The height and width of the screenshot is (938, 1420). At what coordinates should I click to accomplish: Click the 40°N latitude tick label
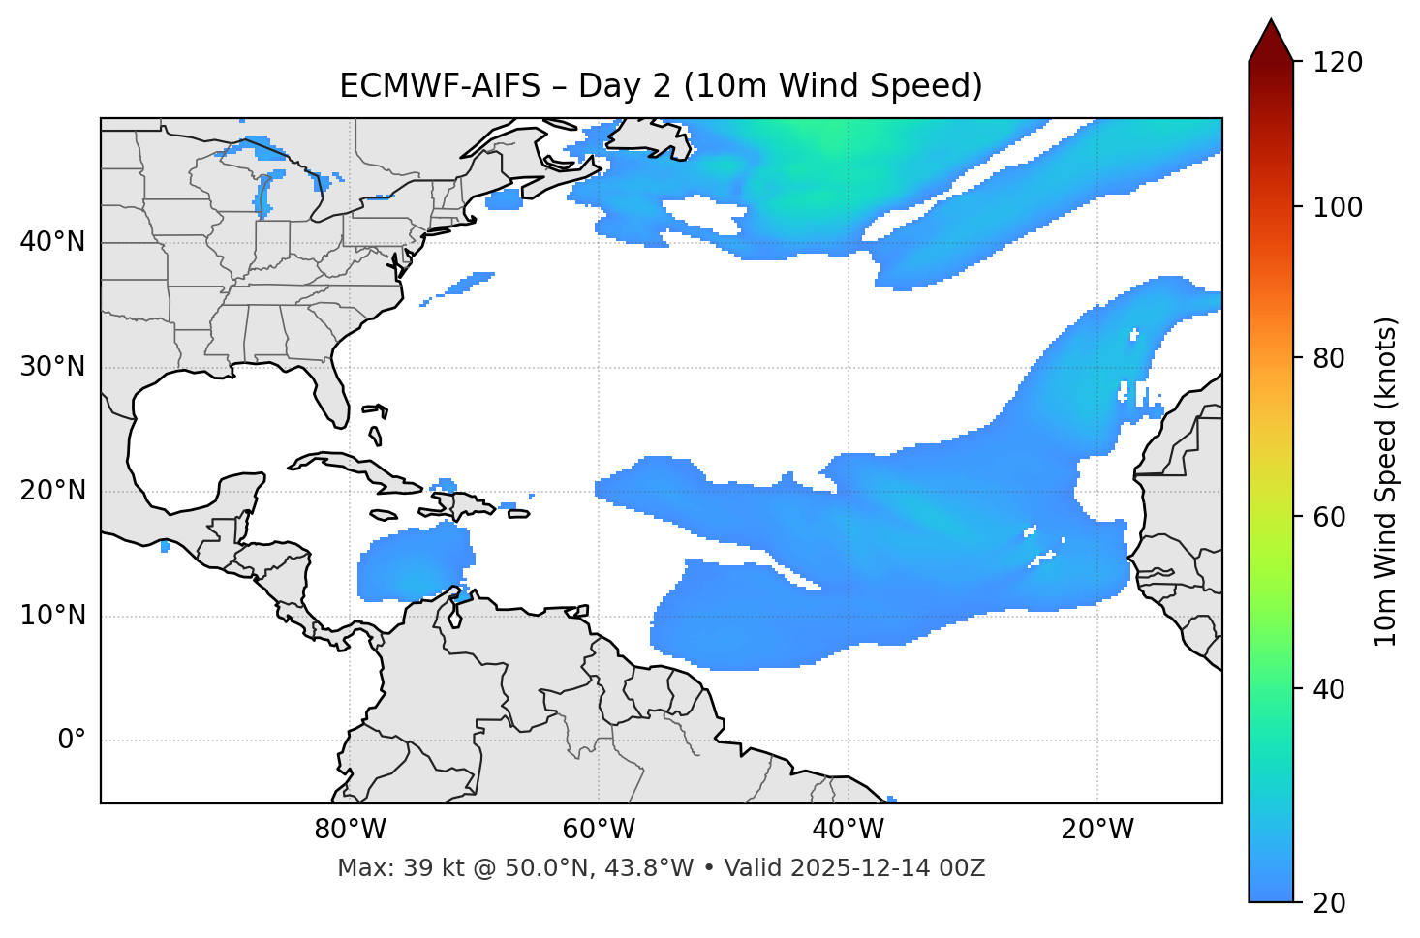[x=52, y=241]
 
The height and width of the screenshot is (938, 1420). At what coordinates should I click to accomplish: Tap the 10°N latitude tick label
[x=52, y=616]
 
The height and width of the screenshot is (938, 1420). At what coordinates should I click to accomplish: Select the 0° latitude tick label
[x=72, y=741]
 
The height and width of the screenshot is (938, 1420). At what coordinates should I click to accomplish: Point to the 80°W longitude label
[x=350, y=830]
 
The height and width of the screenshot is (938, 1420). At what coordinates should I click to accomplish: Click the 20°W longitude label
[x=1097, y=830]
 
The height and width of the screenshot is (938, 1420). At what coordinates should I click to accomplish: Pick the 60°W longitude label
[x=599, y=830]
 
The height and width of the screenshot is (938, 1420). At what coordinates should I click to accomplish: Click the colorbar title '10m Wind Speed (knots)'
[x=1386, y=481]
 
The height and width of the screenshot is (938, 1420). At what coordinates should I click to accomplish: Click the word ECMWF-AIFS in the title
[x=440, y=86]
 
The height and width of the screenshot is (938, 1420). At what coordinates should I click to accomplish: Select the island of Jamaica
[x=383, y=515]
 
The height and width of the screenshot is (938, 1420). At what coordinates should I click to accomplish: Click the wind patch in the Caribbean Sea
[x=412, y=566]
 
